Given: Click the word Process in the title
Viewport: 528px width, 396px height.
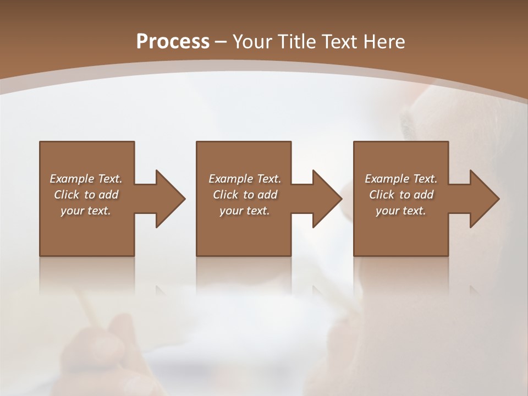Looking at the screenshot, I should click(x=173, y=42).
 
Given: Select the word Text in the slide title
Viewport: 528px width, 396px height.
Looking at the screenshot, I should click(x=339, y=42).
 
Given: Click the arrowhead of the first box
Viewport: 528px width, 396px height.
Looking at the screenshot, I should click(x=169, y=199).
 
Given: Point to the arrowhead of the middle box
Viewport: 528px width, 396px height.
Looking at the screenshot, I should click(x=327, y=199).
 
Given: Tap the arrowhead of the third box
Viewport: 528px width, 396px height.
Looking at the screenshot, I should click(x=484, y=199).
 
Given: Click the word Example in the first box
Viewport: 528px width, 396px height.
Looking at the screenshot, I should click(x=72, y=179).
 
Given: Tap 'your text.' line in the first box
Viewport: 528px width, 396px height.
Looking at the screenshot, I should click(x=86, y=211).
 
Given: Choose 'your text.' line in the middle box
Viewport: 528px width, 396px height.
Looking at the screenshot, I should click(x=244, y=211).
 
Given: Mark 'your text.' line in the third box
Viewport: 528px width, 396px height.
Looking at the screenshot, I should click(x=401, y=211).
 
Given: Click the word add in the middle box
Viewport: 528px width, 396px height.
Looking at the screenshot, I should click(x=267, y=195).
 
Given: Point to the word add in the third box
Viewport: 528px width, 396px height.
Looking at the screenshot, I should click(x=424, y=195).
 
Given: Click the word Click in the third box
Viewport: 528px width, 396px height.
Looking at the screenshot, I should click(x=382, y=195).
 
